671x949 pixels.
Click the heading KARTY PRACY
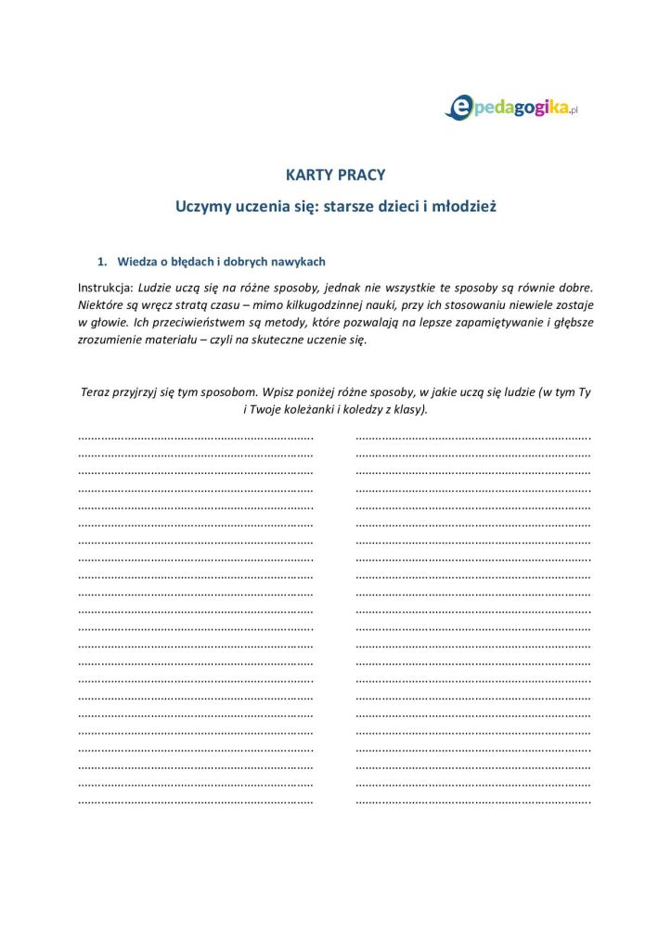click(335, 174)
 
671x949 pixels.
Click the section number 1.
click(104, 262)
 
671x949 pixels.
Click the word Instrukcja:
click(105, 286)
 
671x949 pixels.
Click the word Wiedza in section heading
click(136, 262)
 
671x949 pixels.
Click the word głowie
click(102, 322)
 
